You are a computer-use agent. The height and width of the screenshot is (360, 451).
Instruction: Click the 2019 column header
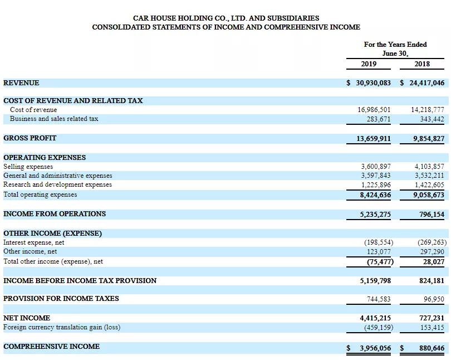(x=368, y=64)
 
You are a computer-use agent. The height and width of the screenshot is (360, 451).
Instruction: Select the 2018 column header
(x=422, y=64)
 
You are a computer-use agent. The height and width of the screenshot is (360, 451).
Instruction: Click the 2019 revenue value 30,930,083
(x=373, y=82)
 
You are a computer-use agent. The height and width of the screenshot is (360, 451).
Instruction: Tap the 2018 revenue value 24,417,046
(x=427, y=82)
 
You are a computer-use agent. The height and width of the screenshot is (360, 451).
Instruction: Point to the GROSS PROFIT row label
(x=30, y=138)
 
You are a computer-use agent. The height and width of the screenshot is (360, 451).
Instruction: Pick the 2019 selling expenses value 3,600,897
(x=376, y=166)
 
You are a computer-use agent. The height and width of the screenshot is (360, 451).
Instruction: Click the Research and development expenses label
(x=57, y=184)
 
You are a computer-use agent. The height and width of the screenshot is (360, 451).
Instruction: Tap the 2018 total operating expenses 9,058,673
(x=429, y=195)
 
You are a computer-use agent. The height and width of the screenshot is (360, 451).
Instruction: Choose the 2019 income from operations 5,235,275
(x=375, y=214)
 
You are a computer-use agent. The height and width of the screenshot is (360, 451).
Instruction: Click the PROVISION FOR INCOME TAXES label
(x=61, y=298)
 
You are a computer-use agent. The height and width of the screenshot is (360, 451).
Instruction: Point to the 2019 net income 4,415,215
(x=375, y=318)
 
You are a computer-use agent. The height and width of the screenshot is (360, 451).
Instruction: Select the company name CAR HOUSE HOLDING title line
(x=226, y=18)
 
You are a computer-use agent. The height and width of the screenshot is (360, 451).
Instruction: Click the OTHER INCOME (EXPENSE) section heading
(x=52, y=233)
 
